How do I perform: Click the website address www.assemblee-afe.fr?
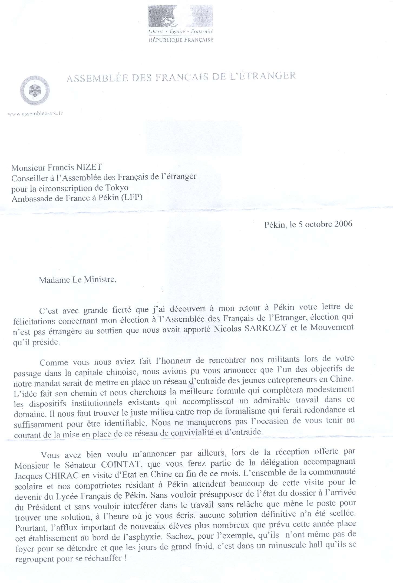point(35,114)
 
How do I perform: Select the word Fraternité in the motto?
point(202,31)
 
